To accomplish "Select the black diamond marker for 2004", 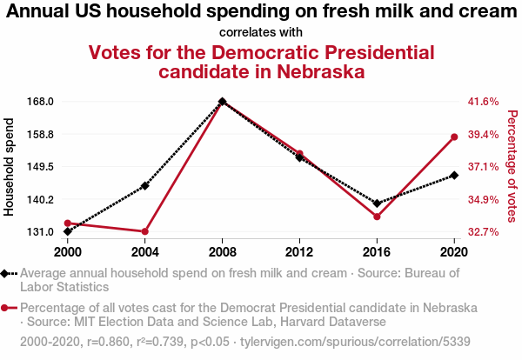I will point(145,185).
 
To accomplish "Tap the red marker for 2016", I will point(377,217).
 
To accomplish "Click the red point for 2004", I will point(145,231).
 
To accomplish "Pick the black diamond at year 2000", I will point(68,231).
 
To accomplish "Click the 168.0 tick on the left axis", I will point(41,101).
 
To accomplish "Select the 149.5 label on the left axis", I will point(41,166).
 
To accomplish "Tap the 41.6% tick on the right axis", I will point(483,101).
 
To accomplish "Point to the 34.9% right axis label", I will point(483,199).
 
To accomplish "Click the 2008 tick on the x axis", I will point(223,251).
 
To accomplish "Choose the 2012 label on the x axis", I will point(299,251).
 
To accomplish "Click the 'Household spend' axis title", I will point(10,166).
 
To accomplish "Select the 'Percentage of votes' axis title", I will point(512,166).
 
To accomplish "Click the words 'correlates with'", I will point(261,32).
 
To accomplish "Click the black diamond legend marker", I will point(7,273).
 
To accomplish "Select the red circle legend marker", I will point(7,308).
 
